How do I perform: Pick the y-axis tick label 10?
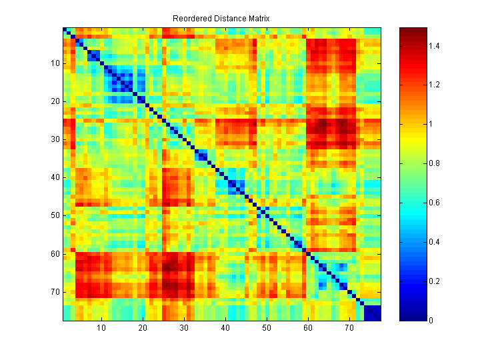[x=55, y=63]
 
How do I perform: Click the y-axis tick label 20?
[x=55, y=101]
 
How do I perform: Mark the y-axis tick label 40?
[x=55, y=177]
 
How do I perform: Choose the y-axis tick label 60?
[x=55, y=254]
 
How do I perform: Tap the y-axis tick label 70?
[x=55, y=292]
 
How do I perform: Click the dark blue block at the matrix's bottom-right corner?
[x=372, y=313]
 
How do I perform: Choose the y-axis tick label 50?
[x=55, y=215]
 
